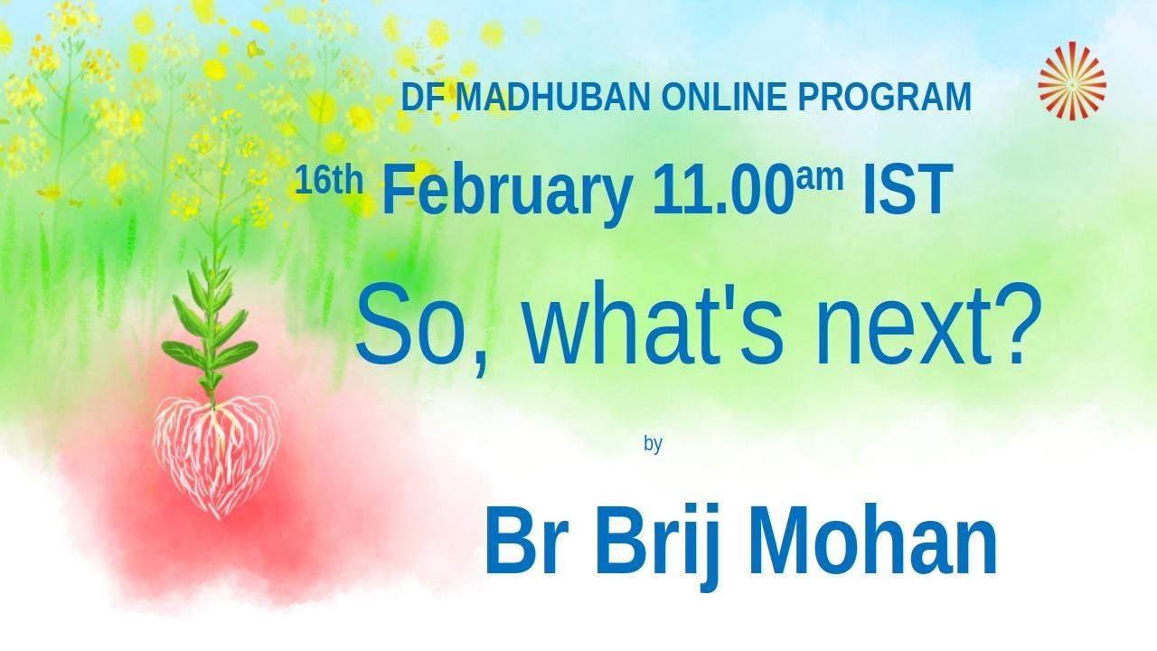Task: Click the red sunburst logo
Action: pos(1072,81)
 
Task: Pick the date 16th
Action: pos(328,181)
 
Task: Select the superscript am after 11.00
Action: pos(820,177)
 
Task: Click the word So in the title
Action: pos(411,324)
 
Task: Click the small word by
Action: pos(653,444)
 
